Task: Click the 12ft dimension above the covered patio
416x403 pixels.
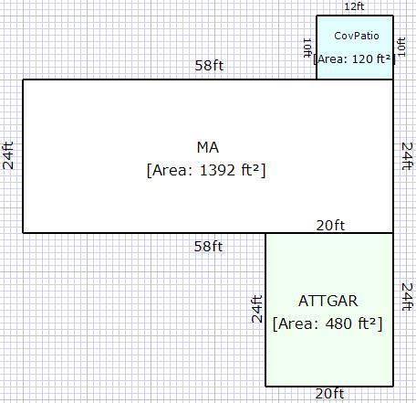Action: coord(354,6)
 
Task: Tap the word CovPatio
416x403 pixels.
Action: coord(357,36)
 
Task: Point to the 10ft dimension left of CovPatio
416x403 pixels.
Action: coord(307,48)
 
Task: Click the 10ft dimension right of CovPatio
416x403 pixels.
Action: coord(401,47)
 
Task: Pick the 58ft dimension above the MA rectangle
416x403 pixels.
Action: coord(209,65)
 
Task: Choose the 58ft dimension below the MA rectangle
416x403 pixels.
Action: coord(208,246)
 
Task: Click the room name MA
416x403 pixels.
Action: coord(208,147)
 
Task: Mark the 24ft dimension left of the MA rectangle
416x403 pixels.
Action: coord(8,155)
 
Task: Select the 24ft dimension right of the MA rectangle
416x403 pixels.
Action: coord(407,155)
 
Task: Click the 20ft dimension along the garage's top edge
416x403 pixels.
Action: coord(330,226)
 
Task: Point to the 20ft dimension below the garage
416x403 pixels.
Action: coord(329,394)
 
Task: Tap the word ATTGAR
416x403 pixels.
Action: coord(328,301)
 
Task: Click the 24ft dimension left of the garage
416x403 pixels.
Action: coord(257,309)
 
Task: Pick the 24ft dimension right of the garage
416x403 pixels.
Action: coord(407,296)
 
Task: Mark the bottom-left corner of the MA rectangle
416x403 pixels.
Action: coord(23,233)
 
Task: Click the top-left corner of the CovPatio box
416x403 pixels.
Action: coord(317,16)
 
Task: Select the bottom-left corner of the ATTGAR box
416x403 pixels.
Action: coord(265,387)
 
